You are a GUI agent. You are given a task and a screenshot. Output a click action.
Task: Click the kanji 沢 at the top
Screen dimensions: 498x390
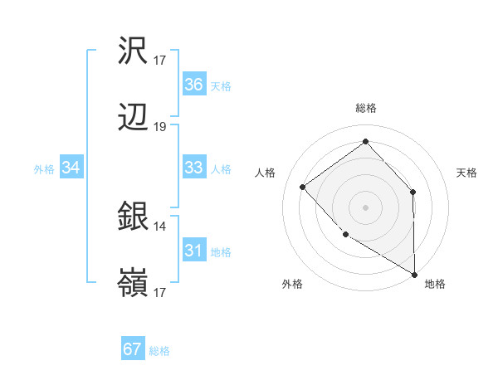tap(134, 52)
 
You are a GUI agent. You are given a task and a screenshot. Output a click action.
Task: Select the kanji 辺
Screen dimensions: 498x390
tap(134, 119)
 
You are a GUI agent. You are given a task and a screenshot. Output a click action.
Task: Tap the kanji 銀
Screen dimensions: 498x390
tap(134, 218)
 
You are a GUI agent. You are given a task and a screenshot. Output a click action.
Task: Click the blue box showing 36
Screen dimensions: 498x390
tap(193, 85)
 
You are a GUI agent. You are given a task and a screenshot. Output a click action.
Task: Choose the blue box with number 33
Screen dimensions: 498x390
tap(193, 168)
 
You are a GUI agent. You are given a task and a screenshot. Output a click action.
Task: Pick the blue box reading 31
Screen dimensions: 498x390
tap(193, 251)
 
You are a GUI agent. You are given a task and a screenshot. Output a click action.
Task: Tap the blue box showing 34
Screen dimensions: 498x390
tap(71, 168)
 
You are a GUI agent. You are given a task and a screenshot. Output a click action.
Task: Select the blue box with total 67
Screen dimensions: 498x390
tap(133, 349)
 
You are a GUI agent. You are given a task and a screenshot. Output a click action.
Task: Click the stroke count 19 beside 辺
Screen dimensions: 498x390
tap(160, 127)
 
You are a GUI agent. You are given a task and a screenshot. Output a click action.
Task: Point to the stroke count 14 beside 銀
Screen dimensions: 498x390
tap(160, 226)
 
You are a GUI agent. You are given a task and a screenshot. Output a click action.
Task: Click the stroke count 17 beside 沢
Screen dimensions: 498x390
tap(160, 60)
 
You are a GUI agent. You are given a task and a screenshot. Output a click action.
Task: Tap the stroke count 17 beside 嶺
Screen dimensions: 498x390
tap(160, 293)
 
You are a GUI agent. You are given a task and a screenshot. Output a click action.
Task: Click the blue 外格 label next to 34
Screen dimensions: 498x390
tap(44, 168)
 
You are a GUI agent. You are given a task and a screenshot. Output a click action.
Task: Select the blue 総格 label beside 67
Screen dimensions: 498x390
tap(159, 351)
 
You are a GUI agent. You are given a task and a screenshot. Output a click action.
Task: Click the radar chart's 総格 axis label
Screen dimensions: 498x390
tap(366, 108)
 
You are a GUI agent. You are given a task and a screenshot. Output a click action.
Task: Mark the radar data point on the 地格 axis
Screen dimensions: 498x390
tap(414, 274)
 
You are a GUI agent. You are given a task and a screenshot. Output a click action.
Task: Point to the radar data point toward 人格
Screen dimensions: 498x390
tap(303, 187)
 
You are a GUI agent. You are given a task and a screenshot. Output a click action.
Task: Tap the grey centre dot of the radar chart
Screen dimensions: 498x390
tap(365, 207)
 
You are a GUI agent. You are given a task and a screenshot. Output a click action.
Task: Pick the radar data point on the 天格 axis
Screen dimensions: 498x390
tap(413, 192)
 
